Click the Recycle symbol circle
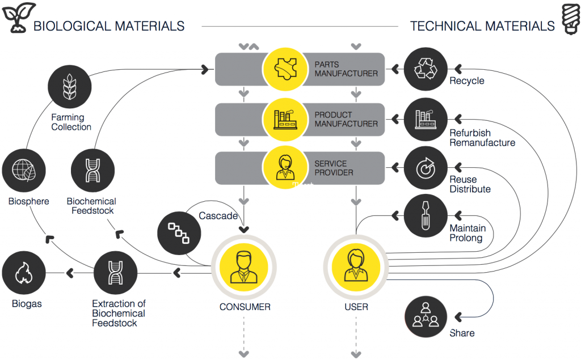click(425, 69)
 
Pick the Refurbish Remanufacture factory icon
click(425, 119)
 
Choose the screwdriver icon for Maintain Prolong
click(425, 215)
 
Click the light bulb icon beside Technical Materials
click(569, 19)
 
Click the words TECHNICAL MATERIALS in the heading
click(482, 26)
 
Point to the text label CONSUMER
click(245, 307)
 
